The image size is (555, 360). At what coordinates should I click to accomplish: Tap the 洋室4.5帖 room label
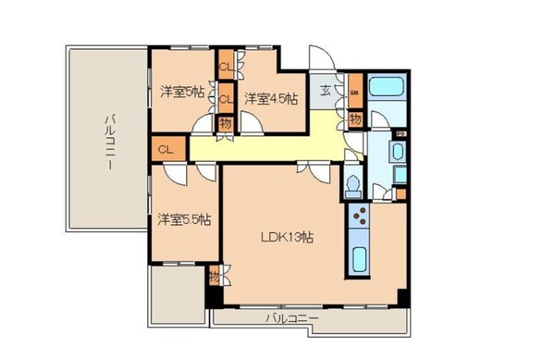pos(271,98)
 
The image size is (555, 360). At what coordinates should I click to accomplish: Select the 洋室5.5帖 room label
pos(183,219)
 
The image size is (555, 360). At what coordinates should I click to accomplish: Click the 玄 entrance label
pos(326,92)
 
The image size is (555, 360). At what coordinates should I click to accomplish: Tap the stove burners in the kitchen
pos(359,219)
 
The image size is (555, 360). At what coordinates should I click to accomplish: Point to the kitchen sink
pos(358,258)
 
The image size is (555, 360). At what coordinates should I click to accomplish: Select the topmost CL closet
pos(226,66)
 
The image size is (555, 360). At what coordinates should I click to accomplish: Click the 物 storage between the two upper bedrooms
pos(225,122)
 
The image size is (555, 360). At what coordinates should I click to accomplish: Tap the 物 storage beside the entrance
pos(356,119)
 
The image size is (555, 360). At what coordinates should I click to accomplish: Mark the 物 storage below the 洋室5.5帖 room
pos(214,276)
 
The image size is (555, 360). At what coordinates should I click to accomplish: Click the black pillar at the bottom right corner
pos(403,298)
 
